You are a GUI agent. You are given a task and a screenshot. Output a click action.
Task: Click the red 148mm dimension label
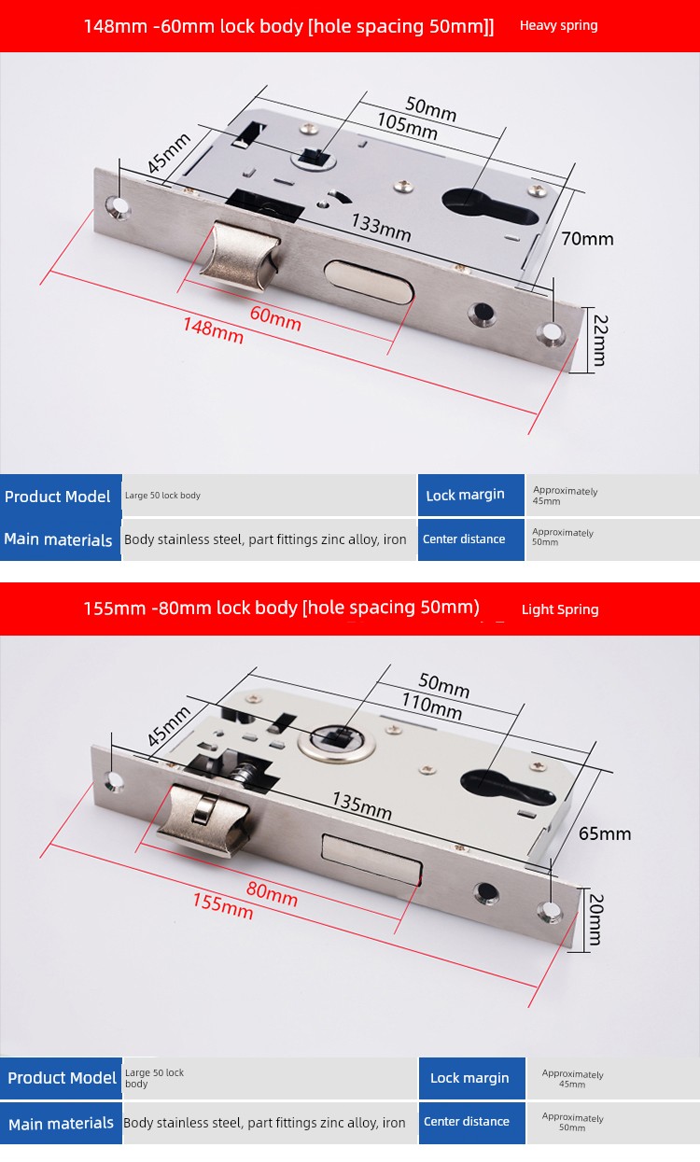point(213,330)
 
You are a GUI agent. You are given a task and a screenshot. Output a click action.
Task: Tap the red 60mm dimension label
point(275,318)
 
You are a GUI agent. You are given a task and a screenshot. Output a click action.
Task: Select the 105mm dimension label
point(407,126)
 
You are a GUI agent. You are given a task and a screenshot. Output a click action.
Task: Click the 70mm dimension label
point(587,239)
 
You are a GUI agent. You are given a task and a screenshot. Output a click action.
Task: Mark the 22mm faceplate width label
point(599,340)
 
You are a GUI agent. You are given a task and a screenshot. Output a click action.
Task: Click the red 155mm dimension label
point(223,905)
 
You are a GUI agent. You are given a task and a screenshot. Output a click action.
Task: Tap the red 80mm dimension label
point(272,893)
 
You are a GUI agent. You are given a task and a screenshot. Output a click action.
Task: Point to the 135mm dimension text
point(362,805)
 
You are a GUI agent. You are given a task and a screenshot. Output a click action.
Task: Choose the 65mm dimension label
point(605,833)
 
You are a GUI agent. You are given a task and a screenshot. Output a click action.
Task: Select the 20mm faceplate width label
point(596,919)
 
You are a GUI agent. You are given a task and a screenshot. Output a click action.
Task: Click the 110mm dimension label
point(432,707)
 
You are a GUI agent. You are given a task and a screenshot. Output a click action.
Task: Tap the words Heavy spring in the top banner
point(559,25)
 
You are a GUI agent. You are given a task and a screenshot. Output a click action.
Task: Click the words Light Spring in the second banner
point(560,609)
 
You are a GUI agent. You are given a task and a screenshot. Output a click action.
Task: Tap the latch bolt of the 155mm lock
point(203,820)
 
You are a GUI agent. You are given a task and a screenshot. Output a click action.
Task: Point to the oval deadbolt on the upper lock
point(369,281)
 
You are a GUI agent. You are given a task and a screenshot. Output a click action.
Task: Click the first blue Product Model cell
point(61,496)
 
